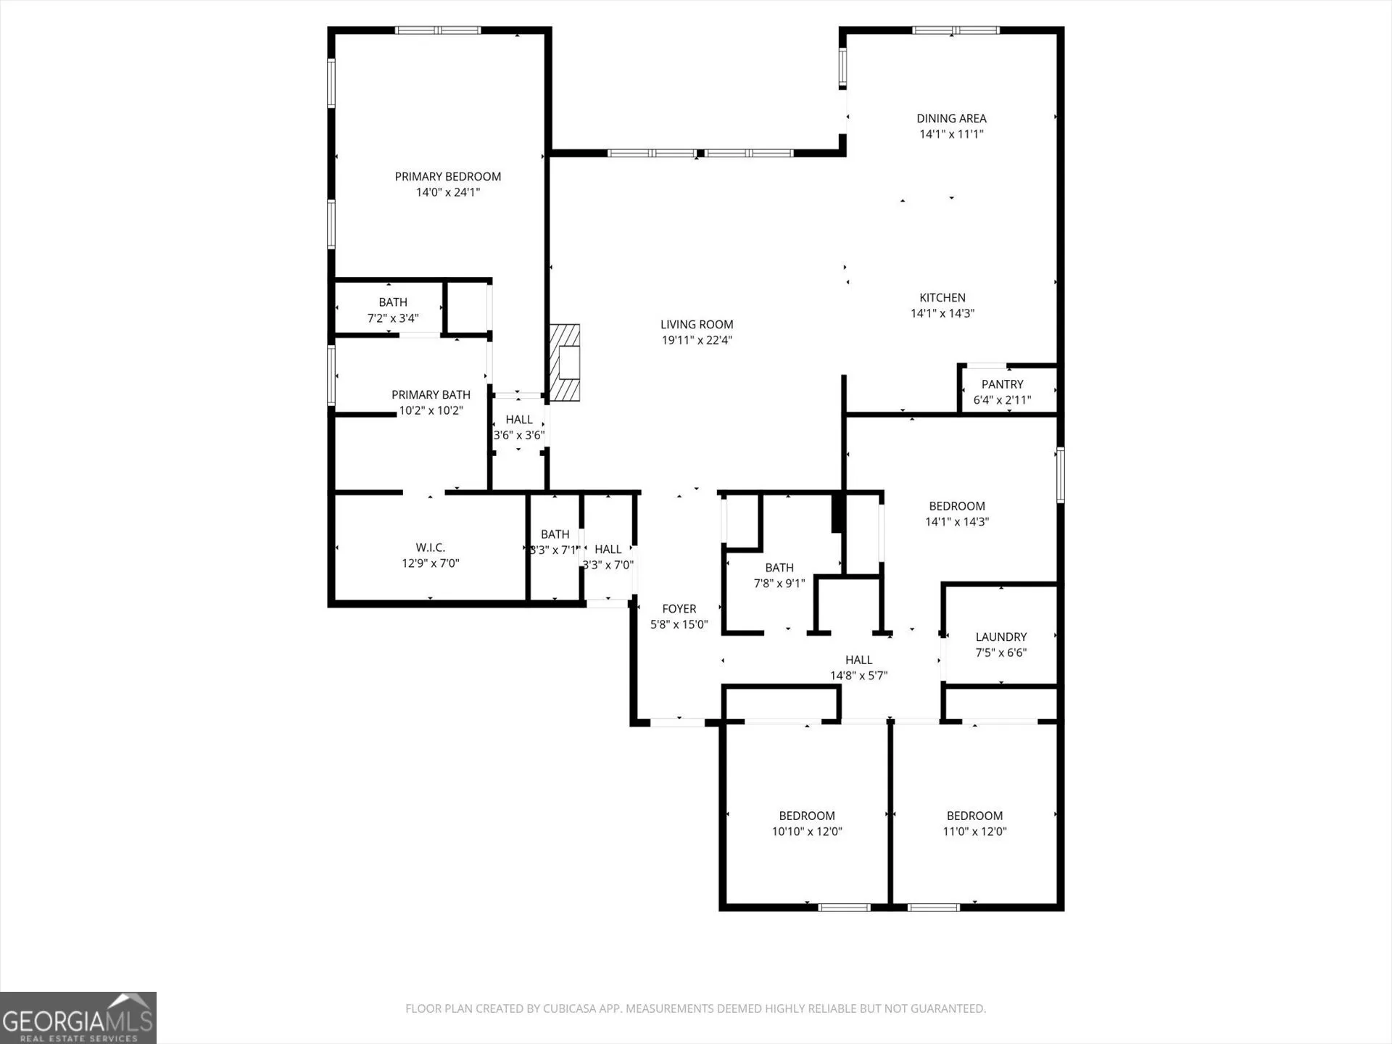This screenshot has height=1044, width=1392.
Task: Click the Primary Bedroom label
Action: click(447, 176)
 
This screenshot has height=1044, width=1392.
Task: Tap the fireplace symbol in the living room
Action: click(565, 362)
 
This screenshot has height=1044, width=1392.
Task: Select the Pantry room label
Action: click(1002, 384)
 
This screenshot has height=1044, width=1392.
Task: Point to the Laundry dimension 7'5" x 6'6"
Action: click(1000, 652)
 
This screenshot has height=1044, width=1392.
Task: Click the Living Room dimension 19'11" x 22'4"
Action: click(697, 340)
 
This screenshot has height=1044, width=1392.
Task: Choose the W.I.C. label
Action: click(431, 547)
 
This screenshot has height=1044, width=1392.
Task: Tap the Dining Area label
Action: click(951, 118)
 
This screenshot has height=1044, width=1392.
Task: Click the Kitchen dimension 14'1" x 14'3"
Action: click(942, 313)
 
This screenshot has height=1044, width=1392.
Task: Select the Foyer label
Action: click(679, 609)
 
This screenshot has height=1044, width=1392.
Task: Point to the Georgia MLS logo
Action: click(78, 1018)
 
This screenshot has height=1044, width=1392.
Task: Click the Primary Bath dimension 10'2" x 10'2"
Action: click(431, 410)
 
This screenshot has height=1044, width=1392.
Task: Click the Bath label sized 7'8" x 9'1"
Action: click(779, 568)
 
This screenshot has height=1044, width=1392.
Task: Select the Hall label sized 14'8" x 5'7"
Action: click(858, 660)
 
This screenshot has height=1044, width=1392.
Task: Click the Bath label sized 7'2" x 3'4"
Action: click(393, 302)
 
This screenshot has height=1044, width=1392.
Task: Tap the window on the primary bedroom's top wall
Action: click(438, 30)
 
